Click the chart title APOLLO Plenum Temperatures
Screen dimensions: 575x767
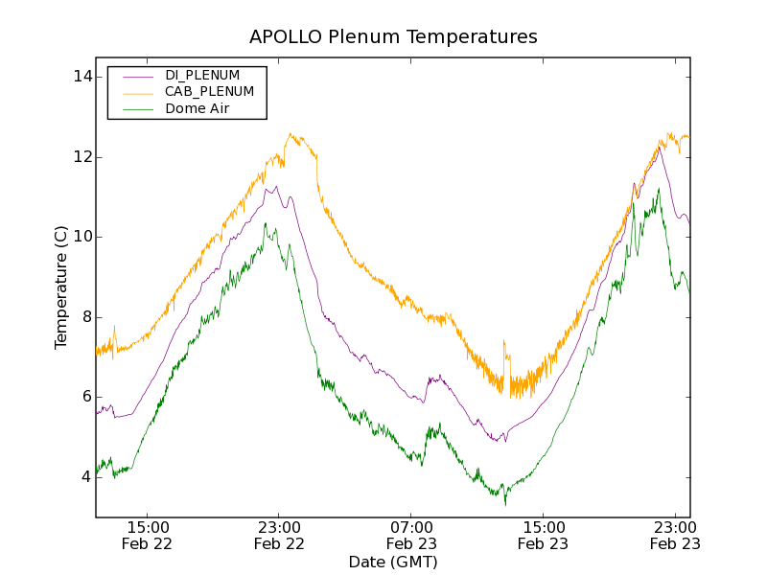(x=393, y=37)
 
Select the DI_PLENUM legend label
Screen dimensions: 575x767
(x=202, y=75)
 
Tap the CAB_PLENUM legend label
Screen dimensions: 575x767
(x=209, y=92)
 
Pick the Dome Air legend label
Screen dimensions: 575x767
(x=197, y=109)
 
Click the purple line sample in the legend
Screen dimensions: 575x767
(x=135, y=75)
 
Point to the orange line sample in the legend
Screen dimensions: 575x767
(x=135, y=92)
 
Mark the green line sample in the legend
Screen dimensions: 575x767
(x=135, y=109)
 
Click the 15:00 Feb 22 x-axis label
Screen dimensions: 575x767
(x=148, y=535)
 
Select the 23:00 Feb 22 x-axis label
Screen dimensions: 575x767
(x=279, y=535)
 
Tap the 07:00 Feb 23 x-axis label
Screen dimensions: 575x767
(x=411, y=535)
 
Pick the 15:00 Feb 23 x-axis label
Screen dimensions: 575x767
(x=543, y=535)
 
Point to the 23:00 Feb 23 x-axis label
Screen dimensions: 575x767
(x=674, y=535)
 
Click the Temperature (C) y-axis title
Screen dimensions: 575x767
(x=61, y=287)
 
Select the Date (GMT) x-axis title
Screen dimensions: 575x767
(x=393, y=562)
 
